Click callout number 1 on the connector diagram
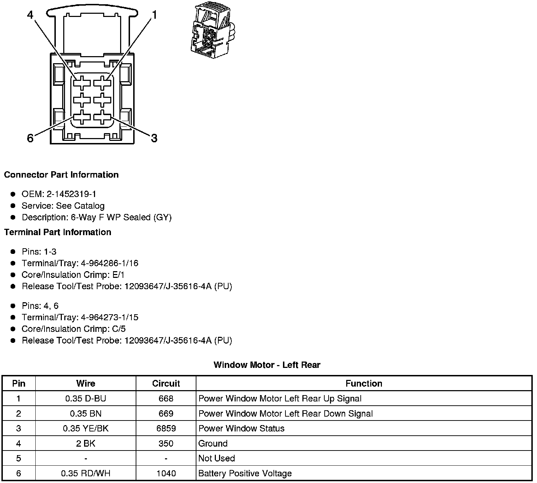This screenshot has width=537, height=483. pos(154,15)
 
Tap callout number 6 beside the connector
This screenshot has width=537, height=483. pos(30,138)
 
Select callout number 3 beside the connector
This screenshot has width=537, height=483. pos(154,138)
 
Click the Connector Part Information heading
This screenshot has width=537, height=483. pos(61,175)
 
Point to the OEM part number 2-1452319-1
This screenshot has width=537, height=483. pos(71,194)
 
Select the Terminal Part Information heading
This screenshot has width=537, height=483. pos(58,232)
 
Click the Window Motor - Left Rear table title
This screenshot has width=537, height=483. pos(267,365)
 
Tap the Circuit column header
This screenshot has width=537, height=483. pos(166,383)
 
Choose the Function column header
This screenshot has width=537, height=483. pos(364,383)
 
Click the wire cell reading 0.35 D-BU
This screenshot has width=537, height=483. pos(85,399)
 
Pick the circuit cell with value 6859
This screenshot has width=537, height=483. pos(166,429)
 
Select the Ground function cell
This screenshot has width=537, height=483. pos(213,443)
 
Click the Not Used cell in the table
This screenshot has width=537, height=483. pos(217,458)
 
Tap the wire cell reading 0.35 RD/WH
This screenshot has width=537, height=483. pos(85,473)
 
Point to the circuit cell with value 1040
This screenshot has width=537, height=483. pos(166,473)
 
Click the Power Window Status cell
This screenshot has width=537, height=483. pos(241,429)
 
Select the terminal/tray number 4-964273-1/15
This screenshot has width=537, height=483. pos(110,317)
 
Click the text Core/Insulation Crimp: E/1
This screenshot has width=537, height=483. pos(73,275)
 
